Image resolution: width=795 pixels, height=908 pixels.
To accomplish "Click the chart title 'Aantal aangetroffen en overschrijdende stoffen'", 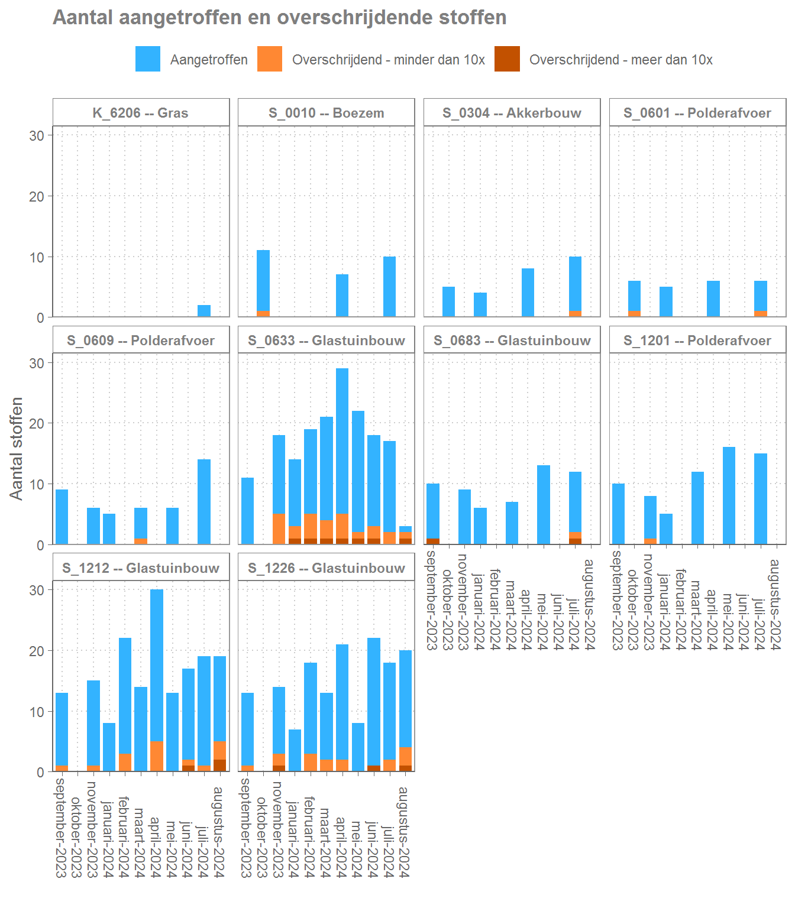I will tap(279, 18).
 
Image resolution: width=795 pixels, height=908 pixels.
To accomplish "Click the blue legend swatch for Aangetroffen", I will tap(147, 59).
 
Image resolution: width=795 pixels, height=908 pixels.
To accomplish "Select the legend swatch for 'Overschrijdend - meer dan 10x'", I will tap(507, 59).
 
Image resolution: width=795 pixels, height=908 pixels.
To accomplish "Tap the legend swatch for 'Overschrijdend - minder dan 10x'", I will tap(270, 59).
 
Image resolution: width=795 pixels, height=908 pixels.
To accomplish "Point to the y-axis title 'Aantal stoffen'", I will tap(17, 448).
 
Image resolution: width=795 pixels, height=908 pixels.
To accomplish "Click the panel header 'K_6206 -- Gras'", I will tap(141, 113).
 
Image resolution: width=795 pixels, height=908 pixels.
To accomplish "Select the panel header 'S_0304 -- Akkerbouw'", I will tap(512, 113).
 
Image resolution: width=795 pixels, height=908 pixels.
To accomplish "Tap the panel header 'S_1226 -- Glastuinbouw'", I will tap(327, 568).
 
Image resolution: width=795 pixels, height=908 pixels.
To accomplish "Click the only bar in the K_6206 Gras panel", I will tap(204, 311).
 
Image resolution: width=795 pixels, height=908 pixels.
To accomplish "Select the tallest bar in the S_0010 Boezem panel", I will tap(263, 281).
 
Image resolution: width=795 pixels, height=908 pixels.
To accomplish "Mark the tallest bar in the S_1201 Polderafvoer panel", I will tap(729, 495).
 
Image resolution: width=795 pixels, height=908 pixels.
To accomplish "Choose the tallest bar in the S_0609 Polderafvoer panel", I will tap(204, 501).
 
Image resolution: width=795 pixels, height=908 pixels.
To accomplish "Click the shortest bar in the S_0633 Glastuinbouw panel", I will tap(405, 534).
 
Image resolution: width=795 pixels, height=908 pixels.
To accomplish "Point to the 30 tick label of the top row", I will tap(37, 135).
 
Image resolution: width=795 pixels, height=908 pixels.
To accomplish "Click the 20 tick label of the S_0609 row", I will tap(37, 424).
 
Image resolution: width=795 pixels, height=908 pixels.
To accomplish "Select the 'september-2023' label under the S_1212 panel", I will tap(61, 827).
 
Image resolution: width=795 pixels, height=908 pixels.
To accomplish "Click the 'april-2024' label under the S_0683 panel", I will tap(525, 619).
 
